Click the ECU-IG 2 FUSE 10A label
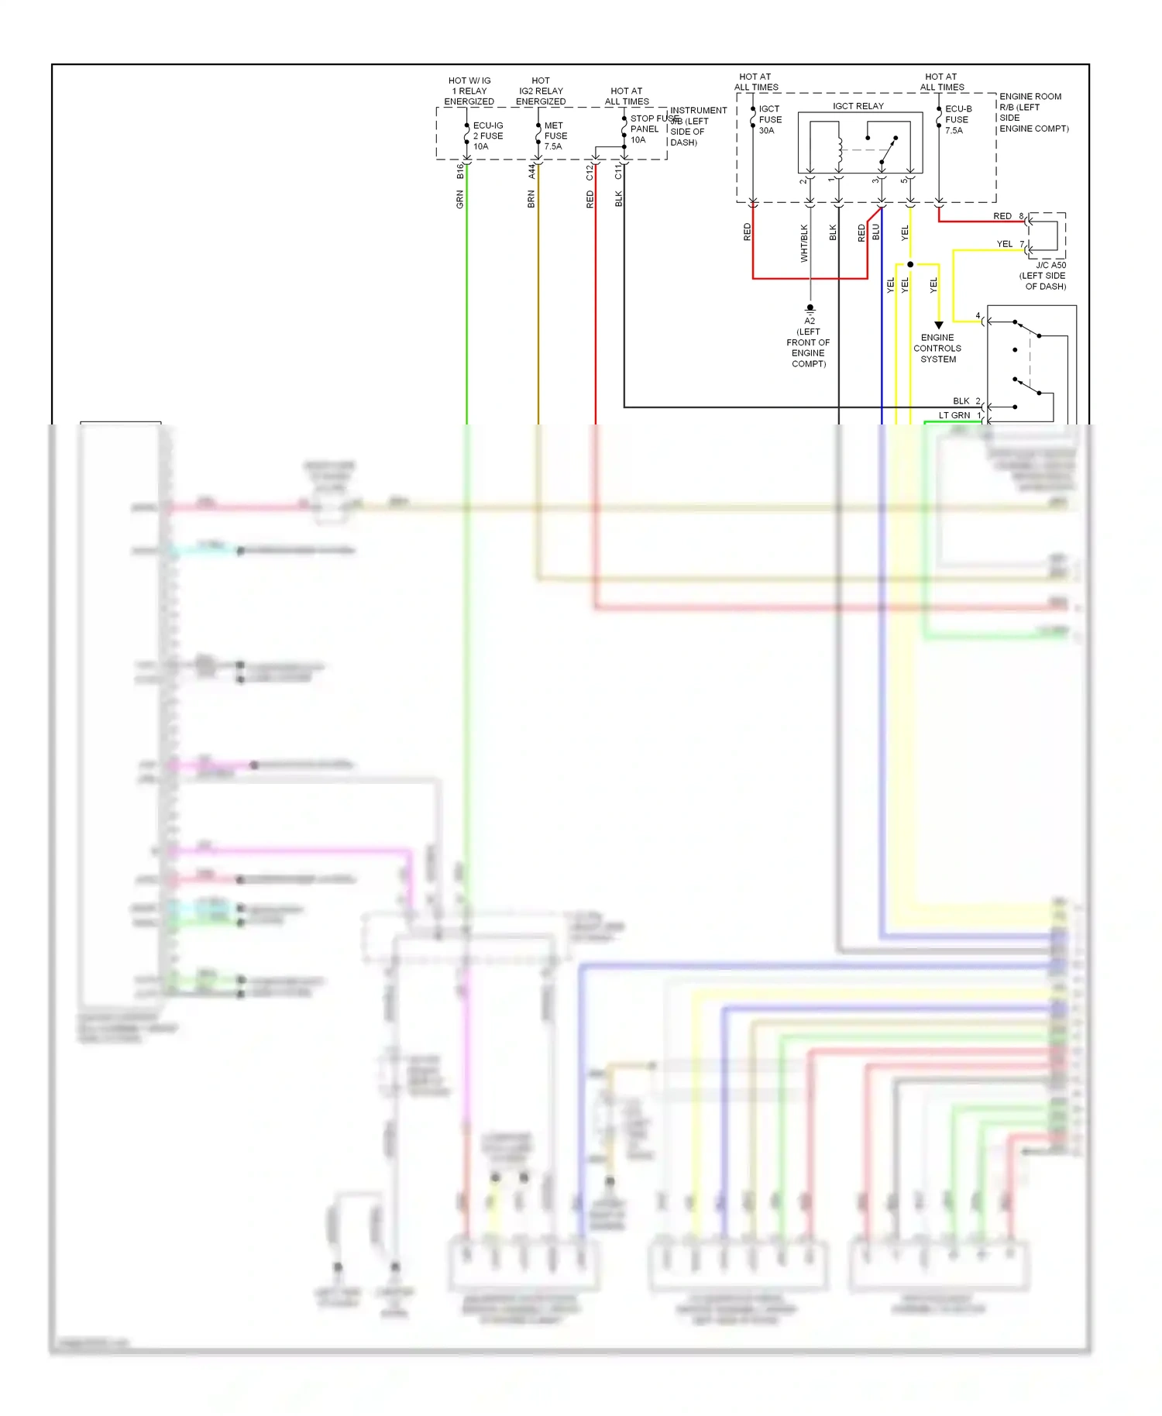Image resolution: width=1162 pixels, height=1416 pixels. coord(488,136)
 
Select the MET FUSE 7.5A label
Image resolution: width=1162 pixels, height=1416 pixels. coord(555,136)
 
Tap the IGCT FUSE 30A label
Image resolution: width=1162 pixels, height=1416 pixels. coord(770,119)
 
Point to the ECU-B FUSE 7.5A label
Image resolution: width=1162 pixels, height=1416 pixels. coord(957,119)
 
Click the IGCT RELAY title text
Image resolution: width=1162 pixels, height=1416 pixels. coord(858,106)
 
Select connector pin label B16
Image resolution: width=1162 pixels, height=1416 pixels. coord(460,171)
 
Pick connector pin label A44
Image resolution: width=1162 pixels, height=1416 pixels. coord(532,171)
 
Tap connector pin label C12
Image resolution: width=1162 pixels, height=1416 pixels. coord(590,172)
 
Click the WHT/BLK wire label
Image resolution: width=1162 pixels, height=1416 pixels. coord(804,243)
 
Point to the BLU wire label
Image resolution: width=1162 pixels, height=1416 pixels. coord(876,232)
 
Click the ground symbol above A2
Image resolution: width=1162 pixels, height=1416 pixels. coord(810,309)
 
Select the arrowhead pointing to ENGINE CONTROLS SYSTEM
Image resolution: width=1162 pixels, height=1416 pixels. coord(938,325)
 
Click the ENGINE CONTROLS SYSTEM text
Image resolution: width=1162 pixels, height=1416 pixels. coord(937,349)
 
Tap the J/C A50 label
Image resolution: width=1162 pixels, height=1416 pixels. coord(1050,266)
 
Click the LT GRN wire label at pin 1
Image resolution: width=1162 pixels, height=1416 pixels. coord(954,415)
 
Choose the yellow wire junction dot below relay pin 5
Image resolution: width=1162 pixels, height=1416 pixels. coord(910,265)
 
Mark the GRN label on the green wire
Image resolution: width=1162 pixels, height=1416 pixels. coord(460,201)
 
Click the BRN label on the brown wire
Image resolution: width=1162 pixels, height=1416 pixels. coord(531,200)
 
